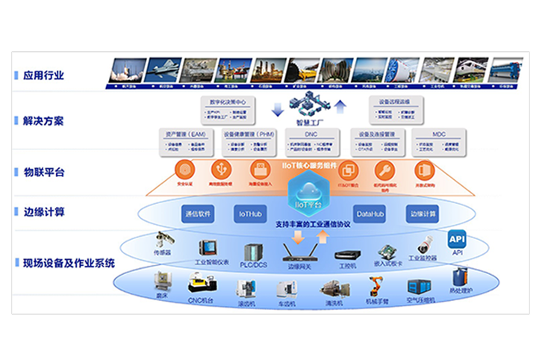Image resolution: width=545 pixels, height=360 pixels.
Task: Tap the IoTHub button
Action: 249,214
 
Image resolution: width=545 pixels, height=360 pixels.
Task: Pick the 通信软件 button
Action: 197,214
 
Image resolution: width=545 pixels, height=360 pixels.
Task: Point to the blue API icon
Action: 456,240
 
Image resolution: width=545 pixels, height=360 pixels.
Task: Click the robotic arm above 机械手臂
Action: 376,285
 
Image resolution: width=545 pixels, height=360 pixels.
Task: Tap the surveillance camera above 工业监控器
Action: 423,244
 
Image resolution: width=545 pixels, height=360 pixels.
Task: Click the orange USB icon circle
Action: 222,169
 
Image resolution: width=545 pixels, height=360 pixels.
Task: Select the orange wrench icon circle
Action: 384,169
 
